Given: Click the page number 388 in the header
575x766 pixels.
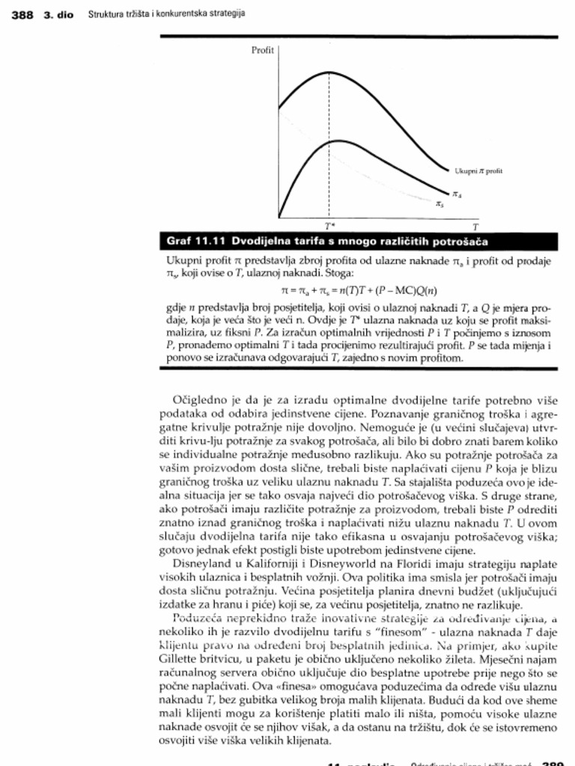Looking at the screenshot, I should [x=23, y=14].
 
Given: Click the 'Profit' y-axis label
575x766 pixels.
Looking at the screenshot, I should [x=262, y=51].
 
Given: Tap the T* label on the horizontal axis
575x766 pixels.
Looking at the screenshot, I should [x=329, y=224].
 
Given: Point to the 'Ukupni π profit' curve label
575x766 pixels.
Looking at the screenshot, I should [x=478, y=171].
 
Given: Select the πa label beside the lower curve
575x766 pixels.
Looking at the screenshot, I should [x=457, y=194].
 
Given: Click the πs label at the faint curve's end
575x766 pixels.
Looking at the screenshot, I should [x=440, y=202].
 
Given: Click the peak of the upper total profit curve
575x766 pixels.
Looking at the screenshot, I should [x=330, y=72].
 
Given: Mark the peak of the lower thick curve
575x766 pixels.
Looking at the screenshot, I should [x=330, y=141].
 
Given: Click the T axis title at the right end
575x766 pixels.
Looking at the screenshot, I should [x=474, y=224].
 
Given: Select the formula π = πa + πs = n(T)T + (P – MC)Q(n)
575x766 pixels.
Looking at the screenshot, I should [x=358, y=290].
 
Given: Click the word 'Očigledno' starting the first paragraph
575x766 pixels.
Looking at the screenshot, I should [x=196, y=400].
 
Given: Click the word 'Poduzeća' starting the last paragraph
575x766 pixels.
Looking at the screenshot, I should [x=192, y=618].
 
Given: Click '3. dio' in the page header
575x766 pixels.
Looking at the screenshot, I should [x=58, y=14].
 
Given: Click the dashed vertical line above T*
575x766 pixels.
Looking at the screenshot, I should [x=330, y=180].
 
